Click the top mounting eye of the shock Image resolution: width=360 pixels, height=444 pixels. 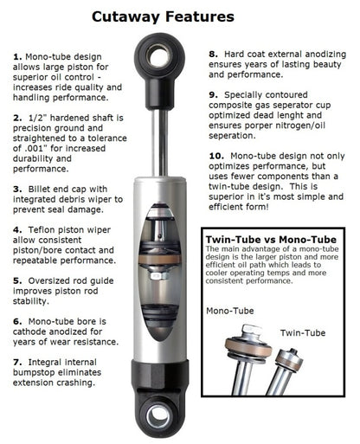(161, 60)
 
